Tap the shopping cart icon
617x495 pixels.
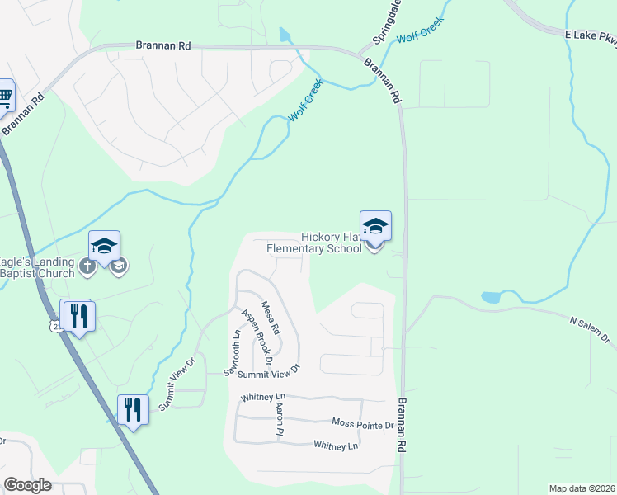click(5, 97)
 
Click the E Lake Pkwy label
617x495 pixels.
click(591, 36)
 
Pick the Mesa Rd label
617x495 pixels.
click(271, 318)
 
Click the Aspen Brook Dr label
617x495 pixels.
click(256, 336)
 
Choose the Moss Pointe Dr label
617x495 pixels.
click(363, 424)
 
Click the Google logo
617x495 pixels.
click(28, 485)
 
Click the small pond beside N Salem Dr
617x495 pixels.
click(491, 296)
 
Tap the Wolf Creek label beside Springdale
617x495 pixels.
click(421, 30)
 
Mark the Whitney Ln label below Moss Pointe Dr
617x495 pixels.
click(336, 445)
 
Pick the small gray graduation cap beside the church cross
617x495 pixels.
click(119, 266)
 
